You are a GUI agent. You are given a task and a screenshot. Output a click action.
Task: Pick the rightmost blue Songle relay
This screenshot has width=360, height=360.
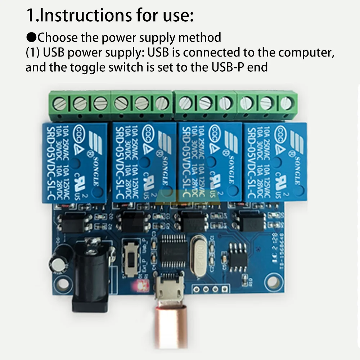click(275, 161)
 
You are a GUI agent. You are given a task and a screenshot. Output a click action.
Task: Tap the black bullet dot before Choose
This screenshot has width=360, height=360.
click(31, 37)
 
